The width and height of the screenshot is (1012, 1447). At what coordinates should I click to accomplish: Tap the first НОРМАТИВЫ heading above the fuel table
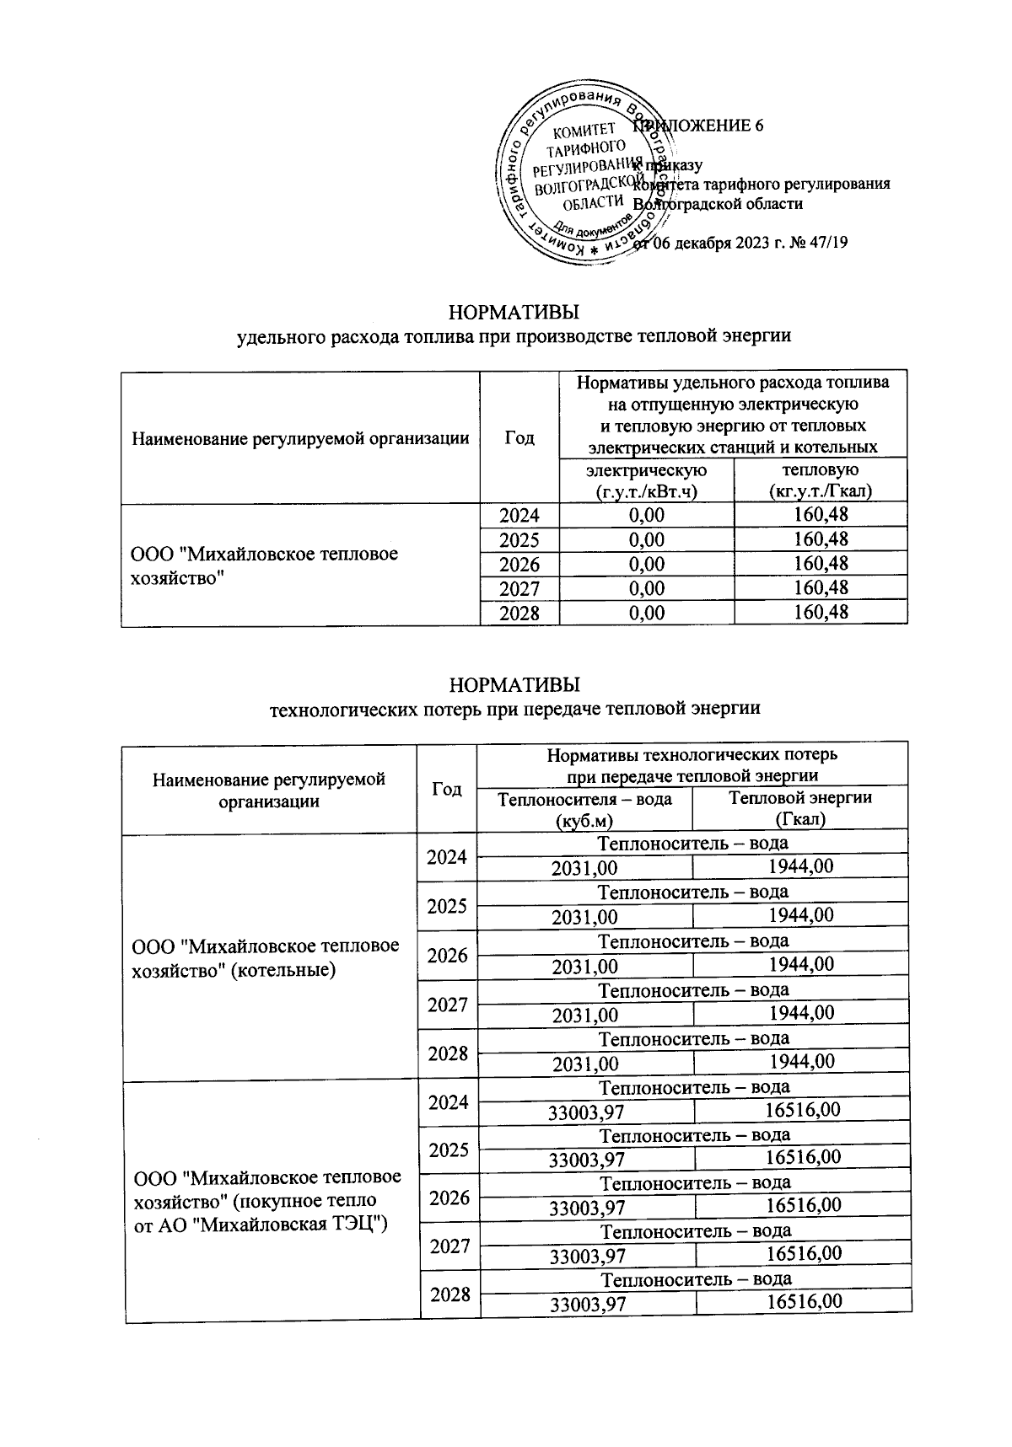(x=514, y=313)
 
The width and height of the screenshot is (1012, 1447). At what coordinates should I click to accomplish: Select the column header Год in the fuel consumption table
(x=519, y=437)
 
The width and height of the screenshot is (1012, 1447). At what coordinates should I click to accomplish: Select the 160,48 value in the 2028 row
(x=820, y=612)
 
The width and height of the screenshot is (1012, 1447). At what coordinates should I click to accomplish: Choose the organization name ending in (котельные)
(x=265, y=957)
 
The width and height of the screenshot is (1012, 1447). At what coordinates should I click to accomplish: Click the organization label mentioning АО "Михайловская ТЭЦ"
(x=266, y=1199)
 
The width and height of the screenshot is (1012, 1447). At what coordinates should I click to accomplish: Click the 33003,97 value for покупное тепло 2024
(x=587, y=1112)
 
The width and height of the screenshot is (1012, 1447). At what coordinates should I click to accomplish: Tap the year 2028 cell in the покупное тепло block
(x=449, y=1294)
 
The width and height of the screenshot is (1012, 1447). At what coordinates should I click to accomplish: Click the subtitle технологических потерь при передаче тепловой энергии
(x=514, y=708)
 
